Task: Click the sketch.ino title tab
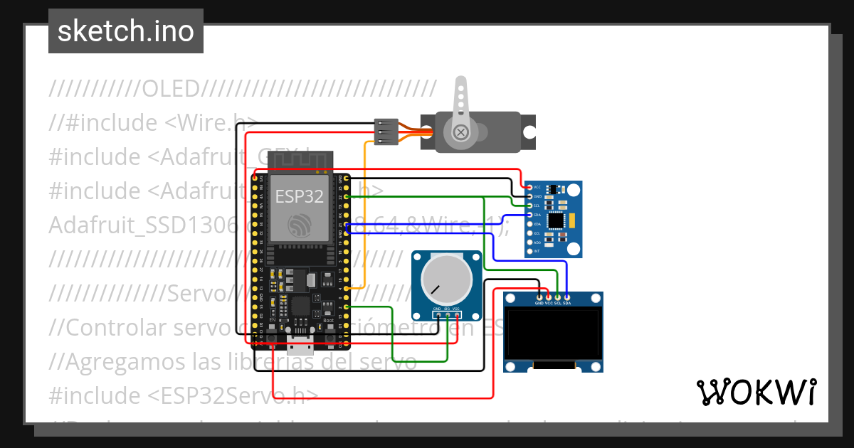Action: click(125, 31)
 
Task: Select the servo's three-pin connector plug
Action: click(384, 132)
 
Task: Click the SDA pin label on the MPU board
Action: click(537, 214)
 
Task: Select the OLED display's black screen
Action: click(552, 333)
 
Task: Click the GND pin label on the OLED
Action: click(539, 303)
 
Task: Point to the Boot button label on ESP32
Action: click(329, 321)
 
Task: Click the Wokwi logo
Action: click(755, 392)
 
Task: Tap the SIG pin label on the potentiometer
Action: click(447, 309)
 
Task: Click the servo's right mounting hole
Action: click(529, 132)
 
